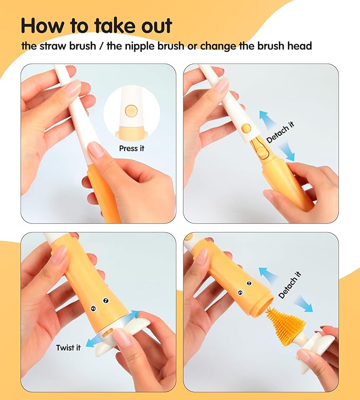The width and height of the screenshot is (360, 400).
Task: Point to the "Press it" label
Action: click(131, 149)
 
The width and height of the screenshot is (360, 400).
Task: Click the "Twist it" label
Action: click(68, 348)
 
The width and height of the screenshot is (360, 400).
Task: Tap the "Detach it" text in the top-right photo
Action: click(279, 133)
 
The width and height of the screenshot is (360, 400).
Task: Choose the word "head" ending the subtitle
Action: click(300, 46)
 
